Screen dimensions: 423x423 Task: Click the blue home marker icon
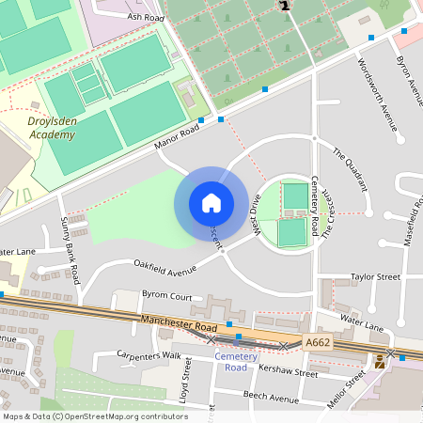click(211, 202)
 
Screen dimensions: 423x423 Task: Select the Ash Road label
click(146, 16)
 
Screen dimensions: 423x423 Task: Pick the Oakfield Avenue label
click(164, 268)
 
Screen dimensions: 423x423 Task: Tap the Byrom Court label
click(166, 296)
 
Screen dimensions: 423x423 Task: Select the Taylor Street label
click(375, 277)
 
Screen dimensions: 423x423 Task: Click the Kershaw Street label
click(288, 372)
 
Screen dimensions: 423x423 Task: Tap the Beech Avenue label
click(271, 397)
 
